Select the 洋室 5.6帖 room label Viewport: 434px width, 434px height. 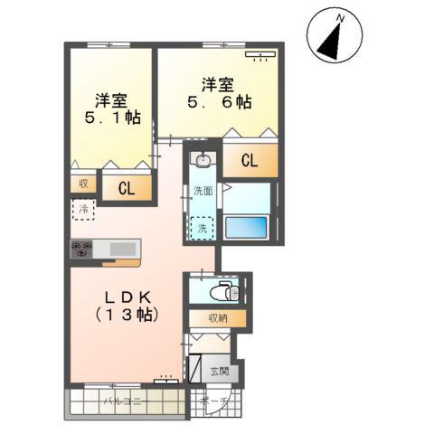pos(218,93)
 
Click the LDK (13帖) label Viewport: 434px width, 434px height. pos(127,306)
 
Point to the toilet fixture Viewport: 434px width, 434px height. pos(221,291)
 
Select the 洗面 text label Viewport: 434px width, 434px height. pos(203,192)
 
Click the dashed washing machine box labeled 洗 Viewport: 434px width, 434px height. pos(203,229)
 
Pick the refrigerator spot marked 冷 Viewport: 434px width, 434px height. pos(82,210)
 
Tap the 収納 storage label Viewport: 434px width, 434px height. pos(217,318)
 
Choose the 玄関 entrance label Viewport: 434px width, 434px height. pos(220,371)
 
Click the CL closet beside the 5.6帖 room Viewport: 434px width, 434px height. pos(250,162)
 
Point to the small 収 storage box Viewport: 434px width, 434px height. pos(81,183)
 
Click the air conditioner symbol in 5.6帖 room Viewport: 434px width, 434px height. pos(260,55)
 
